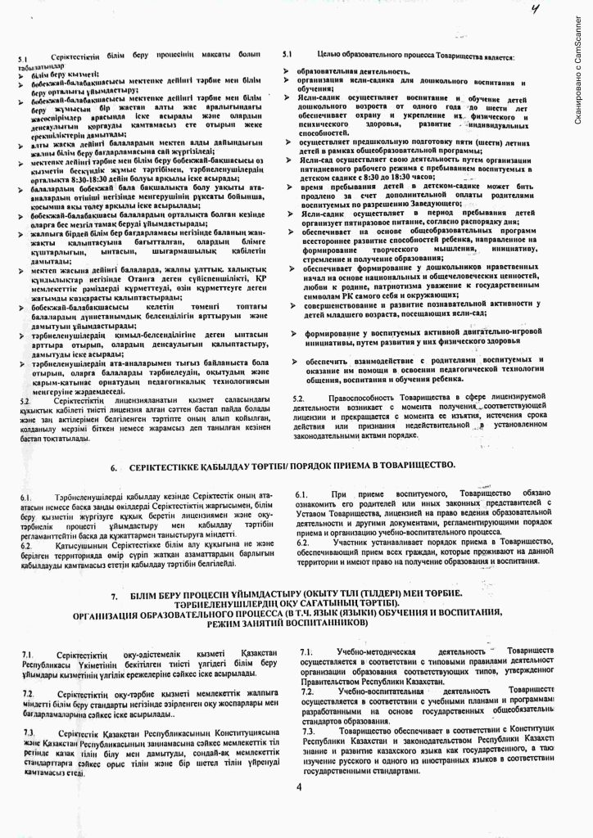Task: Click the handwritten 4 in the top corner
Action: click(536, 11)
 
